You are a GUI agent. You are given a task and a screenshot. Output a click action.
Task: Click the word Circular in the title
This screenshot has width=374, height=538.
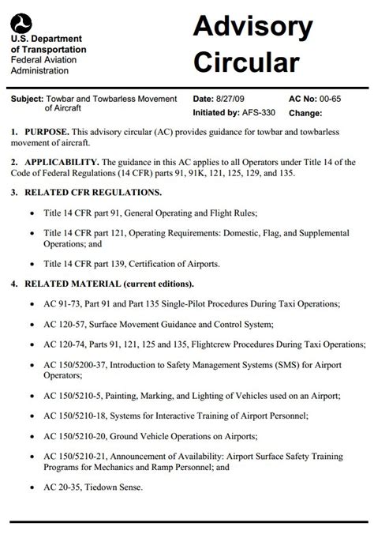click(247, 62)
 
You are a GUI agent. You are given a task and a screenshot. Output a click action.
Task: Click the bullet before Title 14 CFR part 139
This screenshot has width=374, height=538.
click(31, 263)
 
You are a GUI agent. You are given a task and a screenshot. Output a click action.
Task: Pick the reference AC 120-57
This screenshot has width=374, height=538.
click(67, 324)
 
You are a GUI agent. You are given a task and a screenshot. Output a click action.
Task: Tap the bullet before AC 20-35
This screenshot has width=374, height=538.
click(31, 487)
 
